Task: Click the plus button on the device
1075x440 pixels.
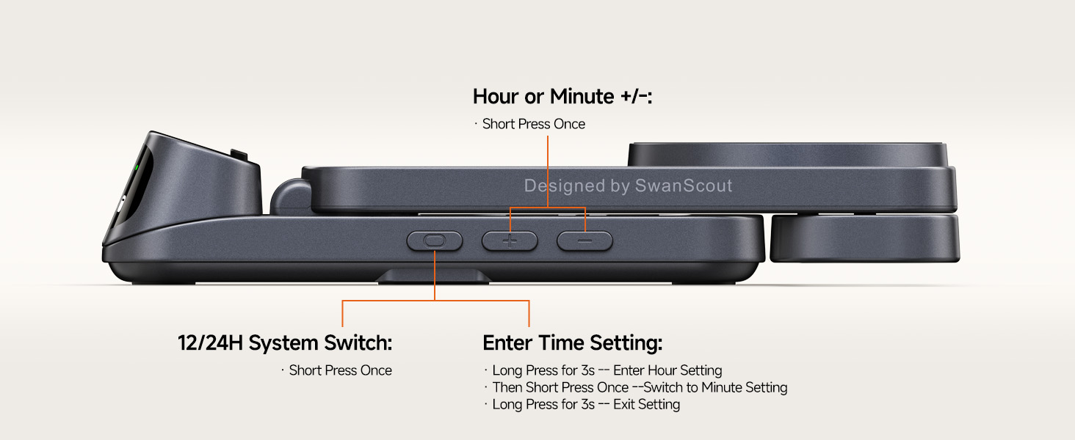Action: tap(510, 241)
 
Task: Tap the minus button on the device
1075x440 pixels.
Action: tap(584, 241)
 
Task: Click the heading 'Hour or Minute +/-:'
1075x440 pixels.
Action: tap(562, 97)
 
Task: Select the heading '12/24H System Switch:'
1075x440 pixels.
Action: tap(285, 343)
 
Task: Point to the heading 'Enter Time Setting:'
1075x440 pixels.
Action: tap(572, 343)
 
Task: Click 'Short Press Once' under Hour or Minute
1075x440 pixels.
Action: tap(534, 124)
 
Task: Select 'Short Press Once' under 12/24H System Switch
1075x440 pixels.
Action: tap(340, 370)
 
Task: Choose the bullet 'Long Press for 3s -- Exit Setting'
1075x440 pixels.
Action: tap(586, 404)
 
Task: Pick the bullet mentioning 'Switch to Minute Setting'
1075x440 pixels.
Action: tap(640, 387)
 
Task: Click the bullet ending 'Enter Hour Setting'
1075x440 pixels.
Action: tap(607, 370)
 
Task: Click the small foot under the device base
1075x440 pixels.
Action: tap(435, 276)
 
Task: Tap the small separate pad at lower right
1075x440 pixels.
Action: tap(865, 238)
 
